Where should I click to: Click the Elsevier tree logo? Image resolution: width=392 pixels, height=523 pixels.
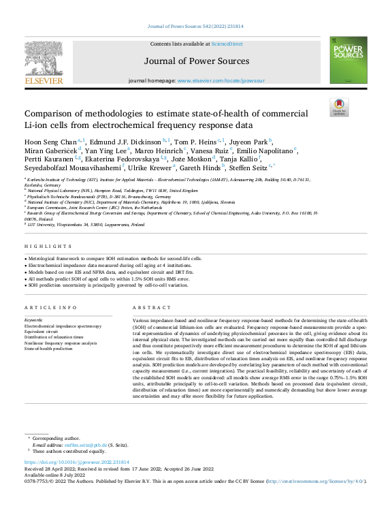(x=44, y=56)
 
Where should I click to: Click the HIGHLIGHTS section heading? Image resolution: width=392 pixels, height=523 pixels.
(x=42, y=246)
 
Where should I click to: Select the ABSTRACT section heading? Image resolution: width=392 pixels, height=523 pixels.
(x=148, y=308)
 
